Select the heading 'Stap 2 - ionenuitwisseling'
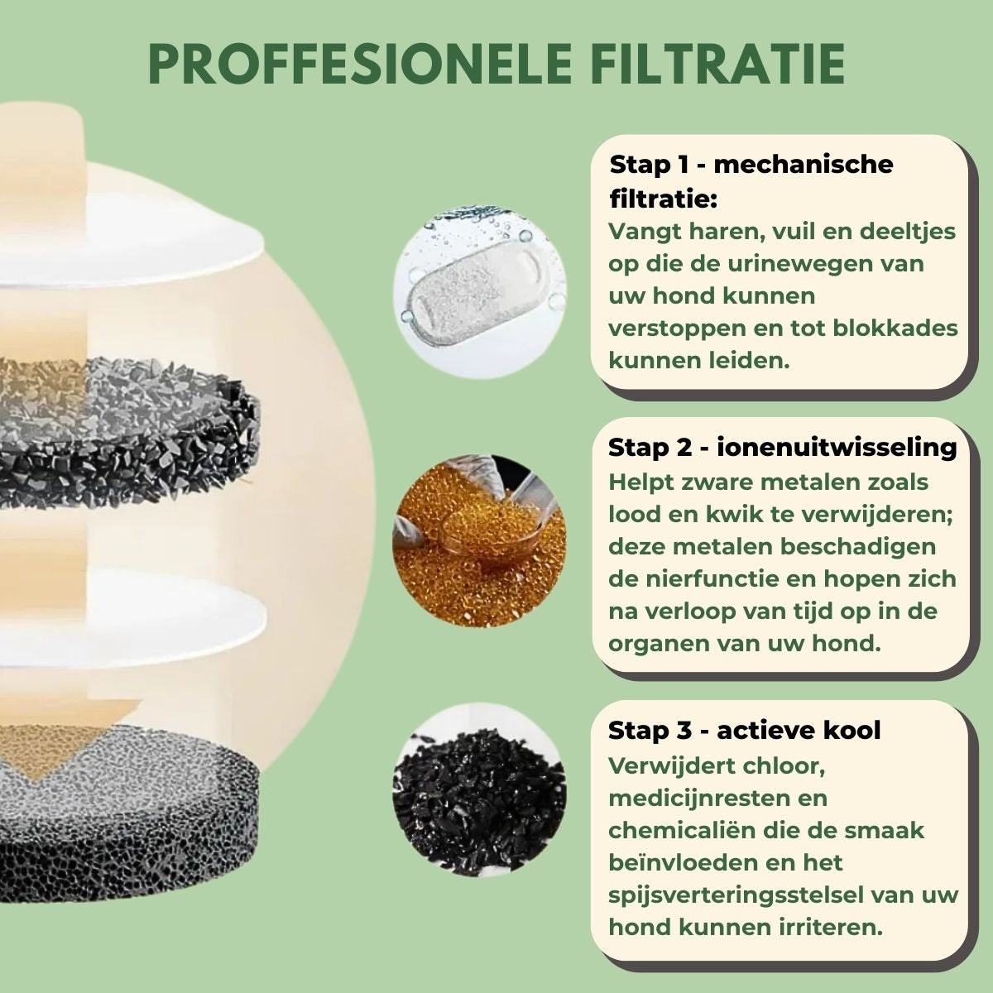click(x=782, y=448)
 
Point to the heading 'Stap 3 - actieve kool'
click(x=744, y=731)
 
